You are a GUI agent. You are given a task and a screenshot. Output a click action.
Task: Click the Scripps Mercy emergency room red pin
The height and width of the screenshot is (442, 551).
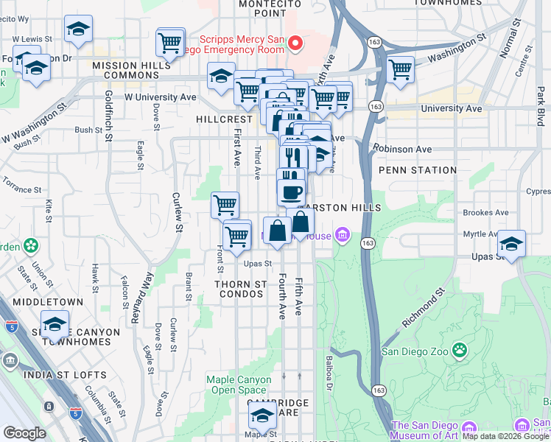pyautogui.click(x=295, y=43)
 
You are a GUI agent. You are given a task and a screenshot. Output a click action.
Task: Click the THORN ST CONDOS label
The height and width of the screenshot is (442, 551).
pyautogui.click(x=239, y=289)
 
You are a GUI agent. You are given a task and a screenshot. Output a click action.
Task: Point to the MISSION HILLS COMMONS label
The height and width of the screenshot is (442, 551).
pyautogui.click(x=136, y=66)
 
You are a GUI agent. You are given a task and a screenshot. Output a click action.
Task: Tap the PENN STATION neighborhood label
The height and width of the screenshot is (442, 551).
pyautogui.click(x=418, y=170)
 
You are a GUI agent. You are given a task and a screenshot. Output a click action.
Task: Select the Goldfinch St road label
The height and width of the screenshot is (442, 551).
pyautogui.click(x=108, y=116)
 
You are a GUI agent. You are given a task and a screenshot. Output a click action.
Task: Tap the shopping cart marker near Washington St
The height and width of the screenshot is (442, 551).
pyautogui.click(x=400, y=70)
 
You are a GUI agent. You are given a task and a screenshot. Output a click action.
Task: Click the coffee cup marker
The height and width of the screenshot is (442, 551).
pyautogui.click(x=291, y=192)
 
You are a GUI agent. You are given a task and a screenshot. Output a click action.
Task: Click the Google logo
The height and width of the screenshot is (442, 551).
pyautogui.click(x=24, y=433)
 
